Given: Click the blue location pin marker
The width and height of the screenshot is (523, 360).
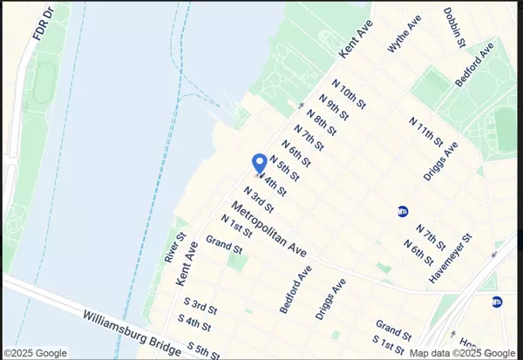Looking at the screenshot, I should click(259, 163).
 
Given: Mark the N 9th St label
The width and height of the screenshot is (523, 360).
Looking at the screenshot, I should click(334, 108).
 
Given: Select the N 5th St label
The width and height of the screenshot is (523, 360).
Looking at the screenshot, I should click(285, 167).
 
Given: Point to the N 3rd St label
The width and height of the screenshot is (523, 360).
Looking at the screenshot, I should click(259, 200).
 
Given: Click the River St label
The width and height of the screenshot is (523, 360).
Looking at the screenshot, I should click(175, 248).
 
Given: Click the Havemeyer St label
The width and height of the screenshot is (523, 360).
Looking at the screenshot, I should click(451, 258).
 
